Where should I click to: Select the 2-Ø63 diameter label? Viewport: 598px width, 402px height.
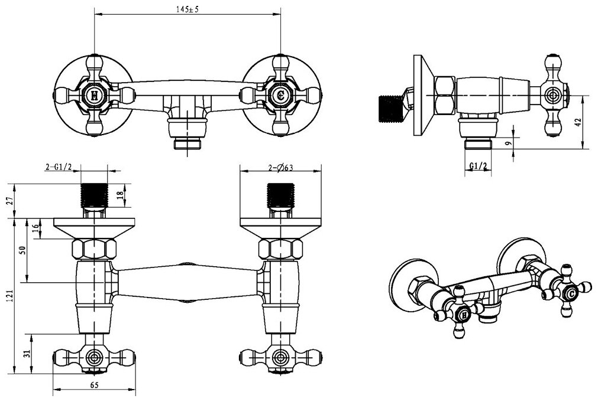point(281,168)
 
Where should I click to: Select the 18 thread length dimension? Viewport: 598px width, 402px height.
point(121,196)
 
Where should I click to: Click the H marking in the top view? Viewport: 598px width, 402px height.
point(95,95)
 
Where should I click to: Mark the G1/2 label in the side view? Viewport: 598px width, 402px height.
point(479,166)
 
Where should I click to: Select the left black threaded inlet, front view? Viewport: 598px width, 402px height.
point(95,194)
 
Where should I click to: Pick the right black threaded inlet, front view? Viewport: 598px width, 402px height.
point(280,194)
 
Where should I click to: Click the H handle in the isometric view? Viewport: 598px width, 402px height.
point(464,316)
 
